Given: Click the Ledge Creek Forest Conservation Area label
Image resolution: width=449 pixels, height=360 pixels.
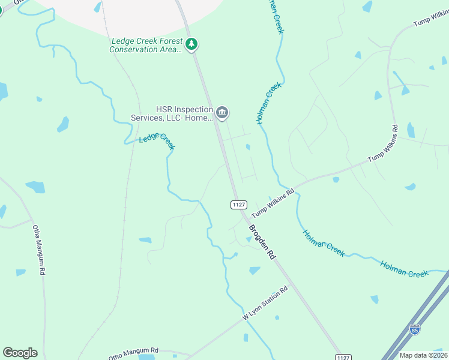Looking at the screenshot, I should [x=146, y=45].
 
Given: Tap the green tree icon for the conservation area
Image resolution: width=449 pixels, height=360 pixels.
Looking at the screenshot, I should [x=191, y=43].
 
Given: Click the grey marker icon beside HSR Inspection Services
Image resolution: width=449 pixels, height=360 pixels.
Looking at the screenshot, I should [x=222, y=112].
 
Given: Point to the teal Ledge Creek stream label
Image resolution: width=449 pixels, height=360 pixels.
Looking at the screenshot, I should [x=157, y=138].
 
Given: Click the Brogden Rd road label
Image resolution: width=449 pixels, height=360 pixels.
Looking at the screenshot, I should [x=262, y=242].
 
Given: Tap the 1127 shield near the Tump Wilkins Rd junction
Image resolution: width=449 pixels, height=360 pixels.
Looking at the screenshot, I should [x=239, y=205].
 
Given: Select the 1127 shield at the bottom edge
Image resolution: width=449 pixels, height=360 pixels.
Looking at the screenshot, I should [x=342, y=357].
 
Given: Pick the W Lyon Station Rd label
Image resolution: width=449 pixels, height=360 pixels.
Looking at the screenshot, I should [x=265, y=303].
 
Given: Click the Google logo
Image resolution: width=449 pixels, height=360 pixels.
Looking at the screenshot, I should [x=20, y=353].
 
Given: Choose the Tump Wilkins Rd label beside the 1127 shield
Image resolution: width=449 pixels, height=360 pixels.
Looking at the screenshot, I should [x=273, y=203].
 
